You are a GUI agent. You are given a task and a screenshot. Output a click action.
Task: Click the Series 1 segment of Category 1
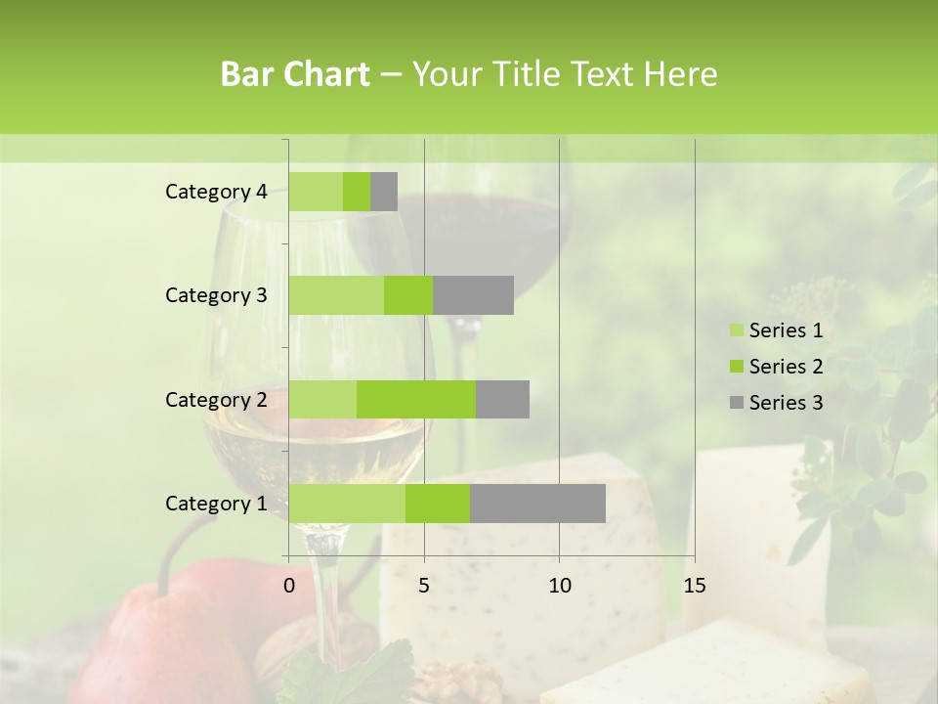[347, 504]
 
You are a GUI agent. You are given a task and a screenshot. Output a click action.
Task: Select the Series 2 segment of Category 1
[438, 504]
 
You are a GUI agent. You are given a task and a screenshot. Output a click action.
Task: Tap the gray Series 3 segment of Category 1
[537, 504]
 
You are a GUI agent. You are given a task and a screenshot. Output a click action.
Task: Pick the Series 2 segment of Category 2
[416, 399]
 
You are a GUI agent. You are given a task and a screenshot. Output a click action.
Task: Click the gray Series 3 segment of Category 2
[502, 399]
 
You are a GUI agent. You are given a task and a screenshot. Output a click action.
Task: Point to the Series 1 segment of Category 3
[336, 295]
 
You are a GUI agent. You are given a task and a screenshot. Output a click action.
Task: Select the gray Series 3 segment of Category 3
[473, 295]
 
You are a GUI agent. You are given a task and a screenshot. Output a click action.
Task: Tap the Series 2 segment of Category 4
[357, 192]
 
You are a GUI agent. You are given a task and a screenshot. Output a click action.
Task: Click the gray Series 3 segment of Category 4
[384, 192]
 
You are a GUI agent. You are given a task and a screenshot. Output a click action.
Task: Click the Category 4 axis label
[216, 192]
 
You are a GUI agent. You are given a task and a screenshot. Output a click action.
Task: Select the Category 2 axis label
[216, 399]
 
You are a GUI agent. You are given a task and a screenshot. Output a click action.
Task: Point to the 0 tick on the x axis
[289, 586]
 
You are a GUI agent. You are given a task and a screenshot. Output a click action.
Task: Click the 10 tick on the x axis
[559, 586]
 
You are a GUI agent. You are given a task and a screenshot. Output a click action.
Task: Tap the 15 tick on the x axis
[694, 586]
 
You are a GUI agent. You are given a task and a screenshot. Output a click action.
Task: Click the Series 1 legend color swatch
[736, 331]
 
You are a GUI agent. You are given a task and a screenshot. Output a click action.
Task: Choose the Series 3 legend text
[786, 403]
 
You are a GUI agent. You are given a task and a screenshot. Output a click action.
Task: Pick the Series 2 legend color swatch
[736, 368]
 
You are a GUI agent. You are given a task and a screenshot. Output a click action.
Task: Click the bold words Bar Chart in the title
[295, 74]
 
